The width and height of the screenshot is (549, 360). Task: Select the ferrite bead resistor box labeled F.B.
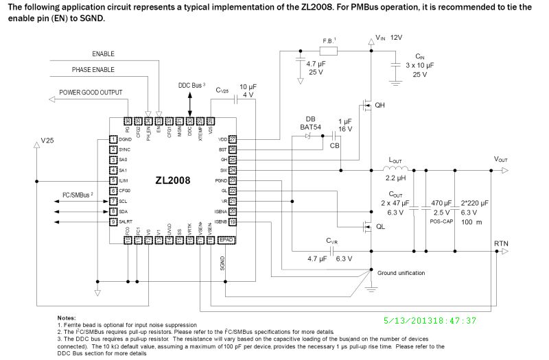[329, 51]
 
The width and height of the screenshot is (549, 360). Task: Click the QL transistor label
[380, 228]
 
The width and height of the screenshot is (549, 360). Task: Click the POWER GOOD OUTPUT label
[91, 92]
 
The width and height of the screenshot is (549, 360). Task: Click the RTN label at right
[501, 244]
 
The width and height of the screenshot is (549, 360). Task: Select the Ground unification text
[401, 273]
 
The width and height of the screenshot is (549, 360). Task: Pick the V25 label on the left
[47, 140]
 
